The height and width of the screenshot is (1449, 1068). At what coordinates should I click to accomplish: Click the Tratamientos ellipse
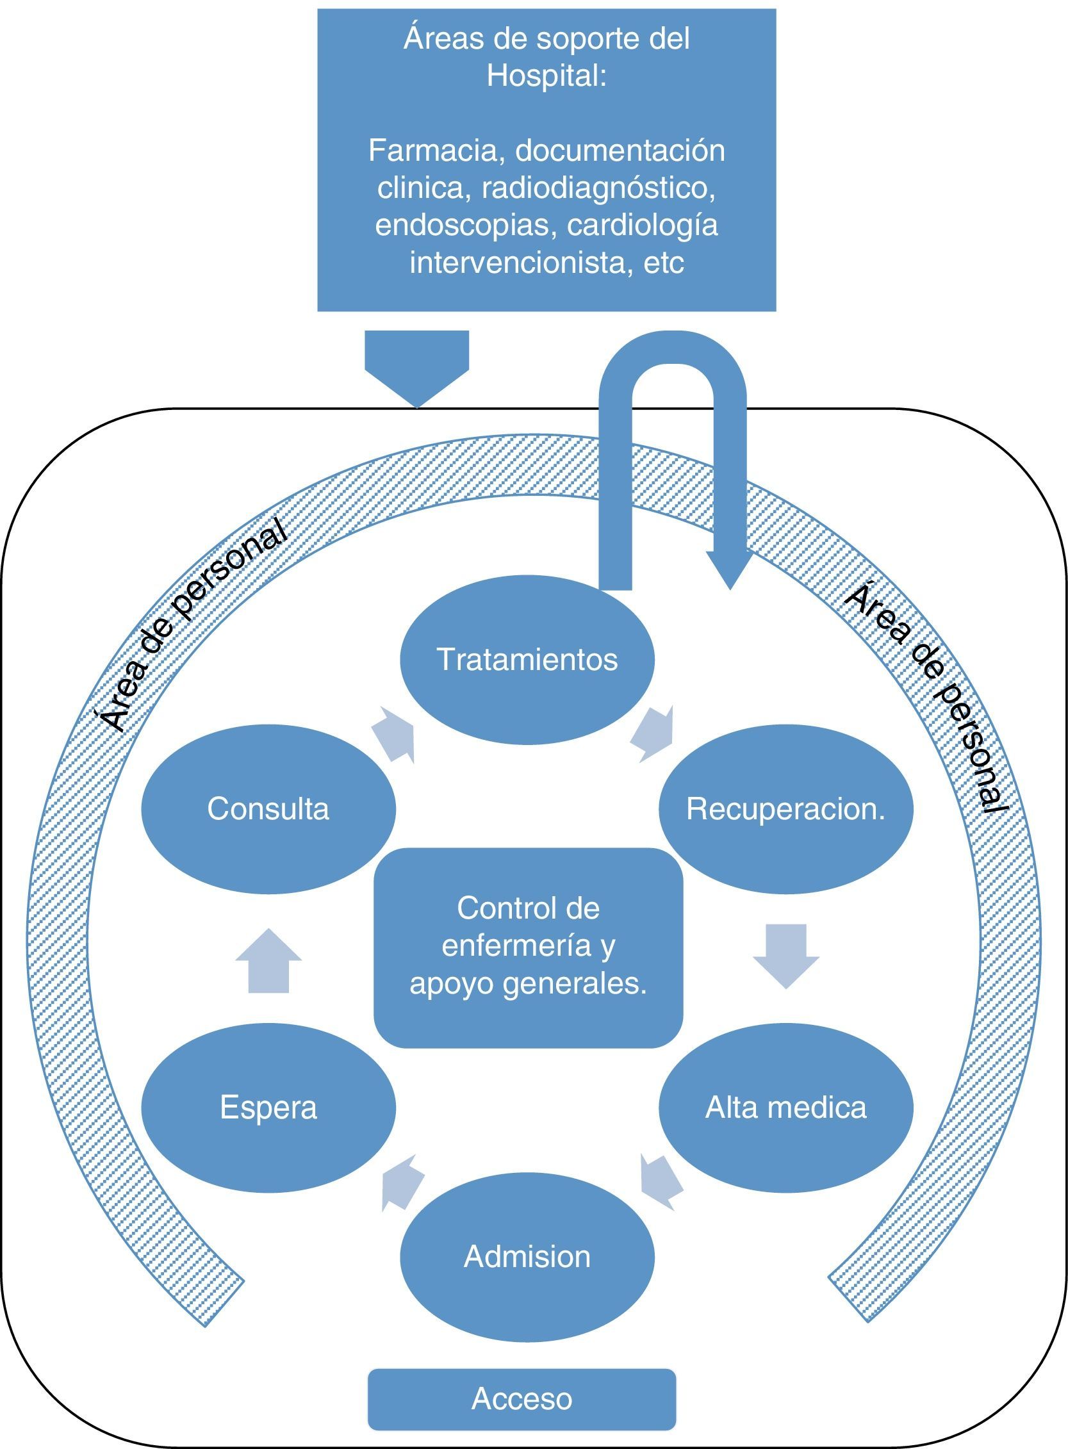[x=527, y=659]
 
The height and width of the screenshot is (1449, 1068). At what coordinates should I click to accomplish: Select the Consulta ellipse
[x=268, y=808]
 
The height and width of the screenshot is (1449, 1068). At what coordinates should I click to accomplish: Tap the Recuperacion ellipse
[x=786, y=808]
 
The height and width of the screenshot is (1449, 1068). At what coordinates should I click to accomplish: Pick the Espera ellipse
[x=268, y=1107]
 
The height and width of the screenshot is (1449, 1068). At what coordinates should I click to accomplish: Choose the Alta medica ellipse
[x=786, y=1107]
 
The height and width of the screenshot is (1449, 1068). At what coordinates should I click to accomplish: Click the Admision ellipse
[x=527, y=1256]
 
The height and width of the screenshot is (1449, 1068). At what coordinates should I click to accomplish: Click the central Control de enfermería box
[x=528, y=947]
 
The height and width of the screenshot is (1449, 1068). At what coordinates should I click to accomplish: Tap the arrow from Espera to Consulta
[x=268, y=960]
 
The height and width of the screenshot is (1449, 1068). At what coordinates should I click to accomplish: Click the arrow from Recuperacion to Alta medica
[x=786, y=956]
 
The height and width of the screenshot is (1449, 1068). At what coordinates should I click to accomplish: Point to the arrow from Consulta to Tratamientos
[x=395, y=734]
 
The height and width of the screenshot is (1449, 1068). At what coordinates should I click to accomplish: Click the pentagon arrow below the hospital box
[x=417, y=369]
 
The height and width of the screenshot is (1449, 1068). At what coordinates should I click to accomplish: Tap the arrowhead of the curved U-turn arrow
[x=730, y=570]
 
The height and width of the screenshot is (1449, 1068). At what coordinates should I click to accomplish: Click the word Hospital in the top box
[x=546, y=76]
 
